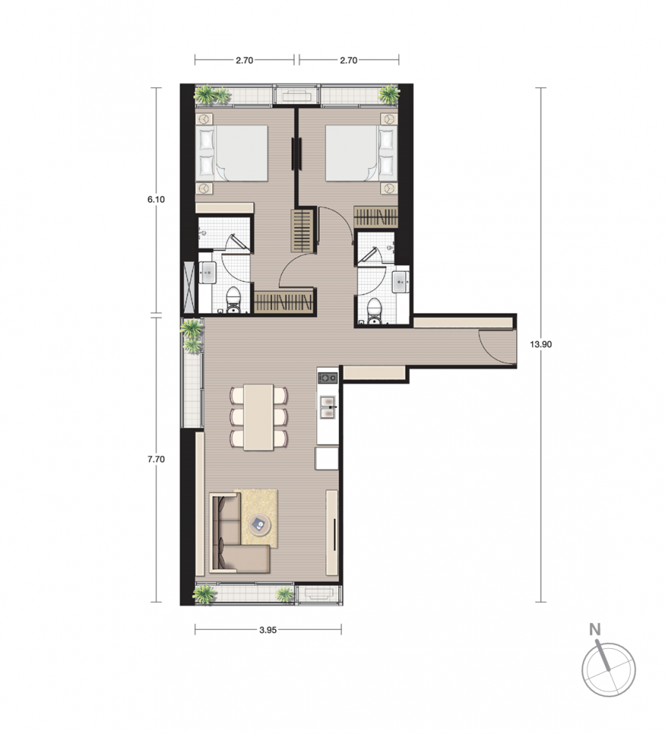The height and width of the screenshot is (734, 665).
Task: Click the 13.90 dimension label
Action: (540, 344)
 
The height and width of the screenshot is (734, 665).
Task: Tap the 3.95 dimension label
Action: (268, 630)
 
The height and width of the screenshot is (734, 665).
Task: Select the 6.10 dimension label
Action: (156, 200)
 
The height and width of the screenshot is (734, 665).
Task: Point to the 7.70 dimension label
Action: (156, 459)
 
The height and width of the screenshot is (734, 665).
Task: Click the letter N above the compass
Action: (595, 630)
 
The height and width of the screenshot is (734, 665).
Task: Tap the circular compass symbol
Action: (608, 670)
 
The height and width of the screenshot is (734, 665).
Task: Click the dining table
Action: (259, 418)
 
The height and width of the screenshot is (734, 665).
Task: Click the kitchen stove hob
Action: (327, 377)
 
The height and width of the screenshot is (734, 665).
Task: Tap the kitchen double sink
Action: (327, 407)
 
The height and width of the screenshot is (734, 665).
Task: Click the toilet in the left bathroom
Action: (233, 300)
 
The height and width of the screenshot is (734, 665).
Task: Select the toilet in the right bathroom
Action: (374, 310)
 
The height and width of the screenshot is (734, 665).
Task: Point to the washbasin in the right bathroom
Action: (401, 281)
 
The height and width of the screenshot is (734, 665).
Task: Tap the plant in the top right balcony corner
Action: (389, 94)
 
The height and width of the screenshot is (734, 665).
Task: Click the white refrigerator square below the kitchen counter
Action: (327, 458)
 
